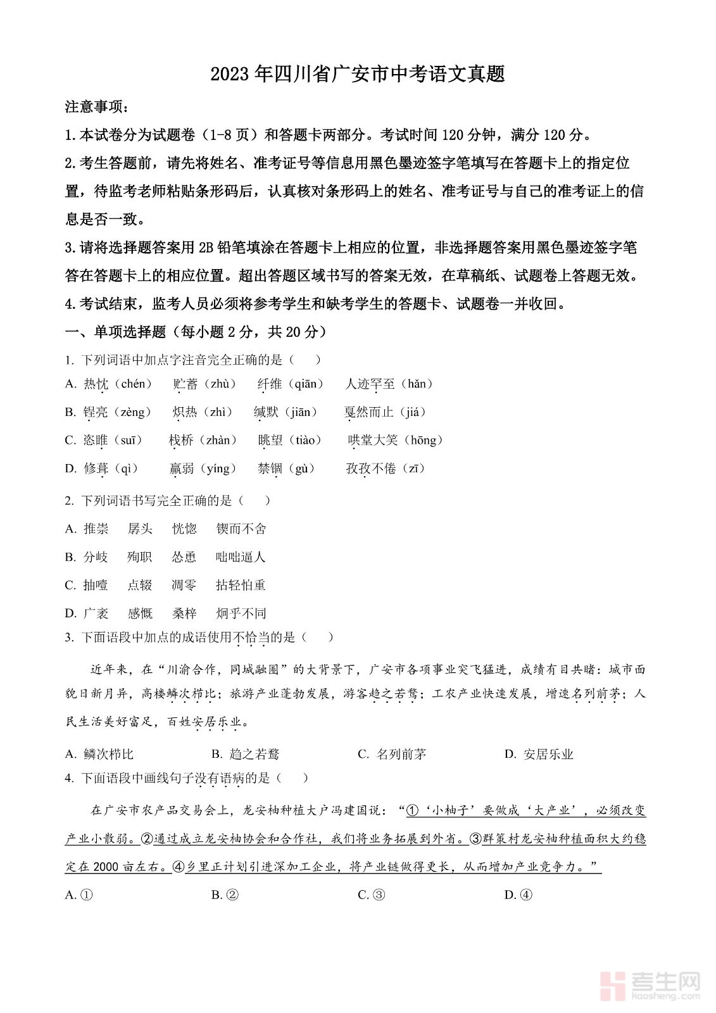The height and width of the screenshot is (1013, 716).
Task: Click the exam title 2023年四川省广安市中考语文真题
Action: [x=358, y=74]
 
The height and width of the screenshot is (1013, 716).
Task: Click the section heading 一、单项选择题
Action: [x=115, y=332]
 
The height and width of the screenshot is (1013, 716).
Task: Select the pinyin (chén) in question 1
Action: [x=136, y=384]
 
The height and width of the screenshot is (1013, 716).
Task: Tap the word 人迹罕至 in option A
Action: [x=370, y=384]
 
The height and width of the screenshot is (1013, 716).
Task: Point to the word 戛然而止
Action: [x=368, y=412]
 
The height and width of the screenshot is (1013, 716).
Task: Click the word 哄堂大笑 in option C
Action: [x=373, y=440]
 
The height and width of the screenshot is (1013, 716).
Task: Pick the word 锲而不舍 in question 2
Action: [x=241, y=529]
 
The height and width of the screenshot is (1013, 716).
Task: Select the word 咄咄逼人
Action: [x=241, y=557]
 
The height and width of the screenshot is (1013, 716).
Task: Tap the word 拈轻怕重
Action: [x=241, y=585]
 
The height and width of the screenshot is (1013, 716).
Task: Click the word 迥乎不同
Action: [x=241, y=613]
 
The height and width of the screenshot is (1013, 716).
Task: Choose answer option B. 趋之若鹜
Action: [x=246, y=754]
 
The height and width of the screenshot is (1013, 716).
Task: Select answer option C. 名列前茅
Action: [x=393, y=754]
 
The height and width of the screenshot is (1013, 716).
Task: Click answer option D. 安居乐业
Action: [x=539, y=754]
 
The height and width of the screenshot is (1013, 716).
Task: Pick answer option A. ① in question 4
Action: [x=80, y=895]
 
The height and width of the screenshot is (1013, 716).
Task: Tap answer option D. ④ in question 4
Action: [x=519, y=895]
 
